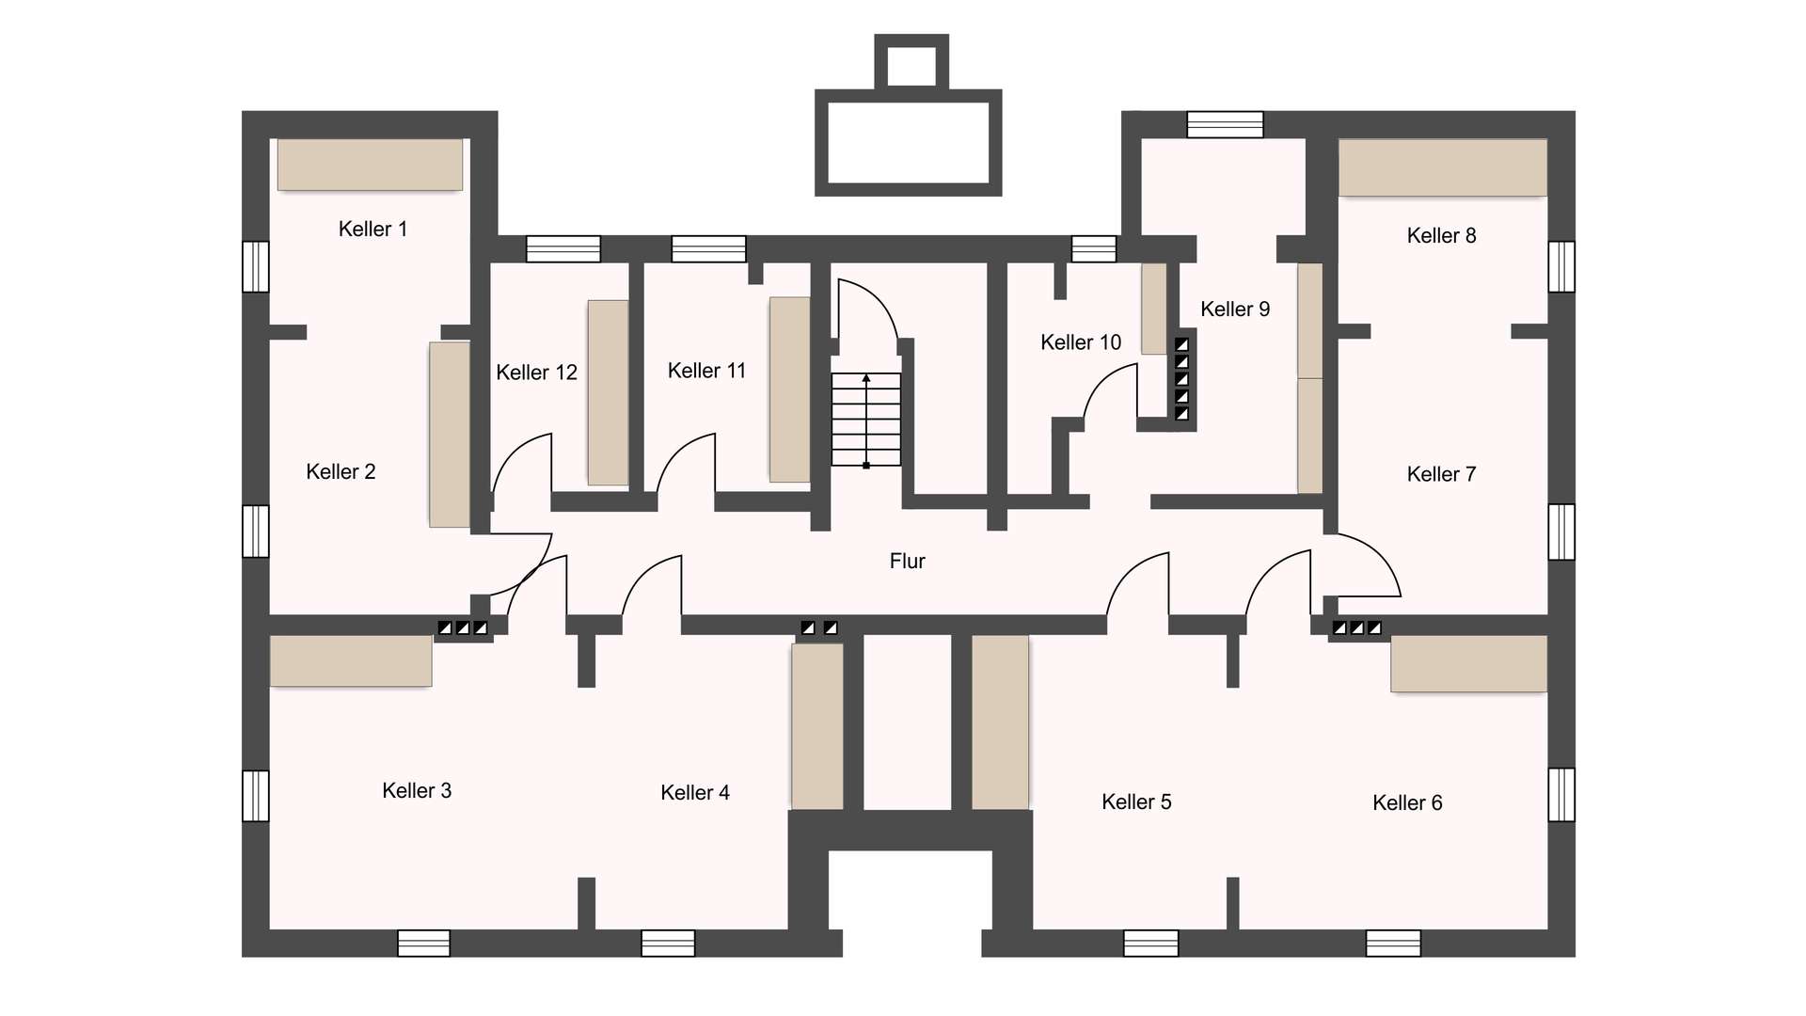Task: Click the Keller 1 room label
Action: pos(372,229)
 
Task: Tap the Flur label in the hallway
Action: pos(907,561)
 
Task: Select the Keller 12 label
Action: pos(536,372)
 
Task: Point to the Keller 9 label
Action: pos(1234,309)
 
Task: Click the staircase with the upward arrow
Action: pos(865,419)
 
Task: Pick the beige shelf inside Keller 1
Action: pos(370,165)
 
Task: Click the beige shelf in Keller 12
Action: pos(608,392)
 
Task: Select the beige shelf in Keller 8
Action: pos(1442,167)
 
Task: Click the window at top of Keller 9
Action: pos(1225,124)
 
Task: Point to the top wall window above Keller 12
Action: pos(562,248)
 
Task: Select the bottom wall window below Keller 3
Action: pos(423,943)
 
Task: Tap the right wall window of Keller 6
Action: pos(1561,795)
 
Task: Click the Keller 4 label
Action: pos(694,792)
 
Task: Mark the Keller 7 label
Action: pos(1441,474)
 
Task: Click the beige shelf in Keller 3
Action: pos(350,660)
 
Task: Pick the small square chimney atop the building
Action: pos(911,64)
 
